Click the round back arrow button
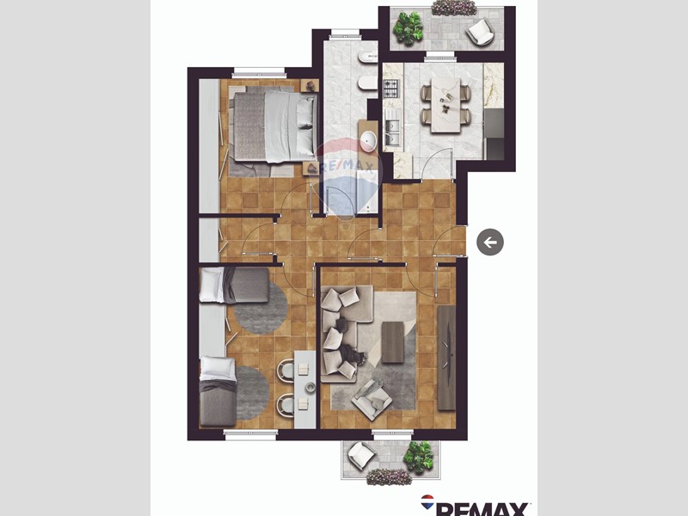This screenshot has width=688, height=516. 490,243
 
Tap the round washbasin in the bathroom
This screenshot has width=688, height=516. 368,141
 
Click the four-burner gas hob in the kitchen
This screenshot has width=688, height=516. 390,88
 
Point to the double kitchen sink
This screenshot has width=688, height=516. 391,132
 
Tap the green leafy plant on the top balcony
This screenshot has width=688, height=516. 408,28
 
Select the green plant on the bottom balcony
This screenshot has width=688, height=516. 420,455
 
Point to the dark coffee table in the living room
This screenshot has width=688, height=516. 392,341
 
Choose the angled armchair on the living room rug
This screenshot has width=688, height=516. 372,396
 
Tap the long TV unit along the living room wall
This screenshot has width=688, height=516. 447,357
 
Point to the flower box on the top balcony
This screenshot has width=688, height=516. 453,8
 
